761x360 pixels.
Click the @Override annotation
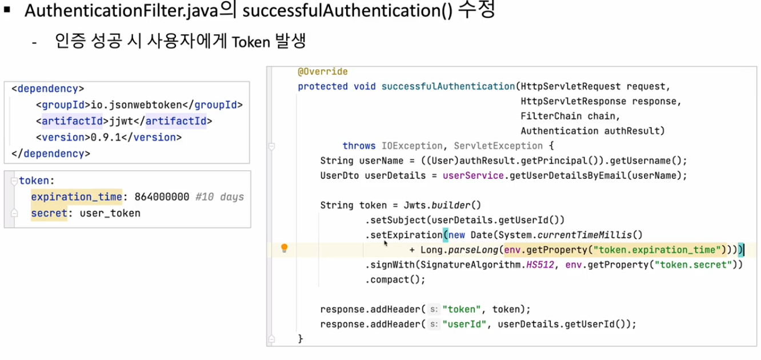pyautogui.click(x=322, y=72)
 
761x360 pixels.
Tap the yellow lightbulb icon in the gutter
pyautogui.click(x=284, y=248)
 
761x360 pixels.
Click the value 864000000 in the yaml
pyautogui.click(x=162, y=197)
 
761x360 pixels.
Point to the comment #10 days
pyautogui.click(x=219, y=197)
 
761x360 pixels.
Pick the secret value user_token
pyautogui.click(x=110, y=213)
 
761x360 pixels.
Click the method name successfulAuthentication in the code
pyautogui.click(x=448, y=87)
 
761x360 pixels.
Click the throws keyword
pyautogui.click(x=359, y=146)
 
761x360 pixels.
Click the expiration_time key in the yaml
pyautogui.click(x=77, y=197)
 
